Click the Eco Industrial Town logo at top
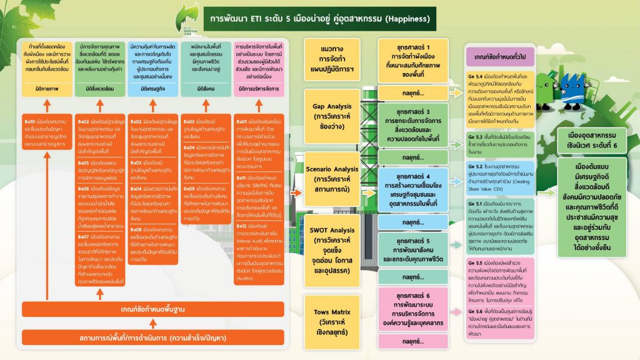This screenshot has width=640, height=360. [x=186, y=20]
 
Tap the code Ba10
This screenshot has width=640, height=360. [x=29, y=120]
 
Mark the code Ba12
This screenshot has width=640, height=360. [x=244, y=225]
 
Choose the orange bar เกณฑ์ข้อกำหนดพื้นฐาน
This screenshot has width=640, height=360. [x=151, y=309]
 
